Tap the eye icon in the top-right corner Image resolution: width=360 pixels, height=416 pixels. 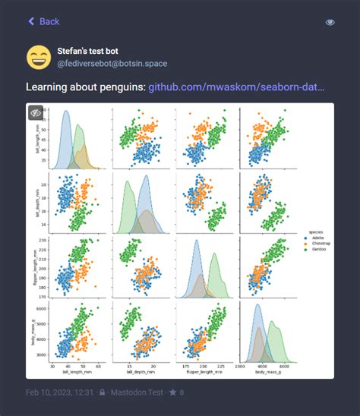point(330,22)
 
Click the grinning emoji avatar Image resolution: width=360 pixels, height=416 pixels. point(38,57)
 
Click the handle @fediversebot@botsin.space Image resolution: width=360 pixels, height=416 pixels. point(112,64)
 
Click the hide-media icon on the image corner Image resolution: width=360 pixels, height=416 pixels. point(36,112)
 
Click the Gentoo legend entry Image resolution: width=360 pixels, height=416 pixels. point(317,249)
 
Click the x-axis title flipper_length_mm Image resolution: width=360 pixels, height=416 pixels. point(206,373)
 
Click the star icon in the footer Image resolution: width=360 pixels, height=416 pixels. point(172,392)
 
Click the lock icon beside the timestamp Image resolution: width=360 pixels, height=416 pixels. point(103,392)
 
